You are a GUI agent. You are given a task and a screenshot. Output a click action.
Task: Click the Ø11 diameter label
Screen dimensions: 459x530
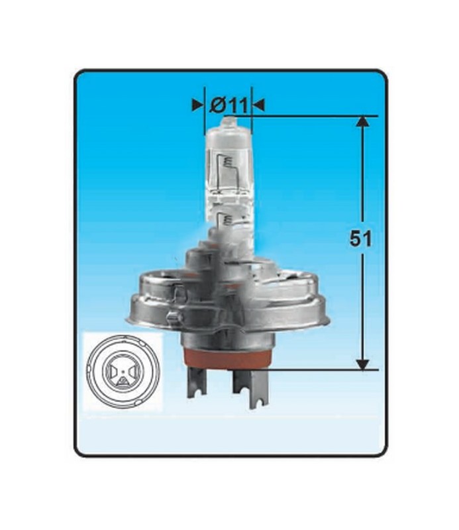(x=229, y=105)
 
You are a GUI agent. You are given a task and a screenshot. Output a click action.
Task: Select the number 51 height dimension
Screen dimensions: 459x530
(x=360, y=238)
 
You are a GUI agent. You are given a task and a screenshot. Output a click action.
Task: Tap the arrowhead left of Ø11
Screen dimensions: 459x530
(x=198, y=105)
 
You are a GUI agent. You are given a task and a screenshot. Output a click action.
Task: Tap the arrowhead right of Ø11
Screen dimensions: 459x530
(x=258, y=105)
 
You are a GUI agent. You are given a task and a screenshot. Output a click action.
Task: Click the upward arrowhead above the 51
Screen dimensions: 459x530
(x=363, y=123)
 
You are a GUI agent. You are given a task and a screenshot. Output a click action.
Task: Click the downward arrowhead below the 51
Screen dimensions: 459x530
(x=363, y=365)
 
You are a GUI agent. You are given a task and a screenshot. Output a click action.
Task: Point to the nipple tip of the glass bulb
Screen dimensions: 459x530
(x=229, y=121)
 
